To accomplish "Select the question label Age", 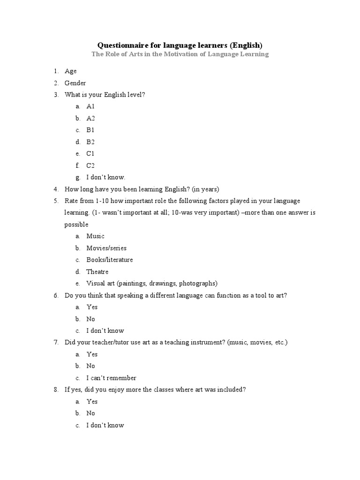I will [x=71, y=71].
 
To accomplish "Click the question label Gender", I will [x=75, y=83].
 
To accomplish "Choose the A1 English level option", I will [x=90, y=106].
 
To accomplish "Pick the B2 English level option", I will [x=90, y=142].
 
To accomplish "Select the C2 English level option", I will [x=90, y=165].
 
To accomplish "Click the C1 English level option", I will [x=90, y=154].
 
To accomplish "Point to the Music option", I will [x=95, y=236].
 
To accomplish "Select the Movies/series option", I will [x=106, y=248].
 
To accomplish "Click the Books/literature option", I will [x=110, y=260].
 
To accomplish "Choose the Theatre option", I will [x=97, y=272].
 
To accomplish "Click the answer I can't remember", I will [x=111, y=378].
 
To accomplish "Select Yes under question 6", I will [x=92, y=307].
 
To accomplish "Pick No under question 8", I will [x=90, y=413].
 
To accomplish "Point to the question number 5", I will [x=55, y=201].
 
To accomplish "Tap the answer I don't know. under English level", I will [x=106, y=178].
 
